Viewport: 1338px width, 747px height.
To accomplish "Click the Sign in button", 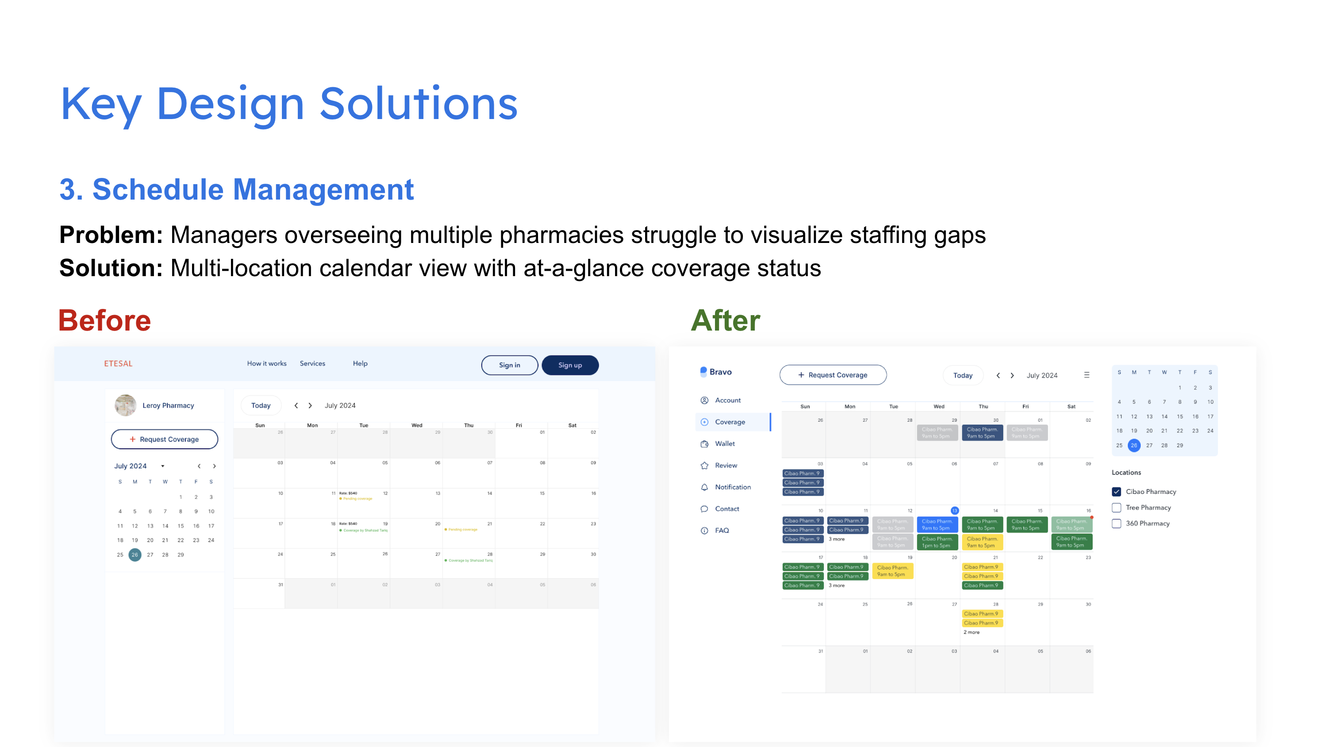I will click(x=509, y=365).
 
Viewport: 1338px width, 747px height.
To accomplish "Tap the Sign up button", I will click(x=570, y=365).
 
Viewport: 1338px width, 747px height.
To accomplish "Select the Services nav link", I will click(x=312, y=364).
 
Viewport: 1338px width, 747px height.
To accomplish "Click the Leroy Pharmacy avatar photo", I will click(x=125, y=405).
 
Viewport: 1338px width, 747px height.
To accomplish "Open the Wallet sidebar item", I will click(x=725, y=443).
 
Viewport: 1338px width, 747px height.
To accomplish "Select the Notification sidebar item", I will click(x=732, y=487).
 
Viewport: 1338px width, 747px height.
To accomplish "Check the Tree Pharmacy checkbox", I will click(x=1116, y=508).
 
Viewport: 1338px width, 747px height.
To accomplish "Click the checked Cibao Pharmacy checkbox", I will click(x=1116, y=491).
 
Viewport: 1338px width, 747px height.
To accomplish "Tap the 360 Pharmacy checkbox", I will click(x=1116, y=524).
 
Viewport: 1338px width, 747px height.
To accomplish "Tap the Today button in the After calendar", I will click(x=962, y=375).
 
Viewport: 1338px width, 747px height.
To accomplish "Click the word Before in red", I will click(x=104, y=320).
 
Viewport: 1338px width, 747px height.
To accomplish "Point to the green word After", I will click(x=725, y=320).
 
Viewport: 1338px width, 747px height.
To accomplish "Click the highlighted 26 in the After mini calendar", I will click(x=1134, y=445).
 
